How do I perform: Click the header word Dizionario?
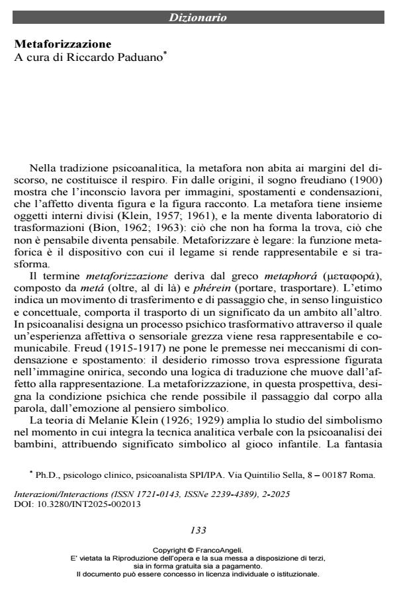click(198, 18)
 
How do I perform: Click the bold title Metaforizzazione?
click(64, 44)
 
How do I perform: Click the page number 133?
click(198, 529)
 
